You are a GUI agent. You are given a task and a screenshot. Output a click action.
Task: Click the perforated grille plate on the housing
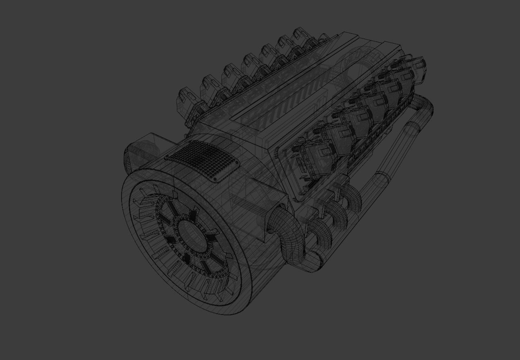point(202,160)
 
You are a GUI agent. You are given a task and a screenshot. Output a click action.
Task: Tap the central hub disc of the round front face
point(192,234)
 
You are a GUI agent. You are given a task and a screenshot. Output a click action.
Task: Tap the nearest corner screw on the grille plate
point(215,179)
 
